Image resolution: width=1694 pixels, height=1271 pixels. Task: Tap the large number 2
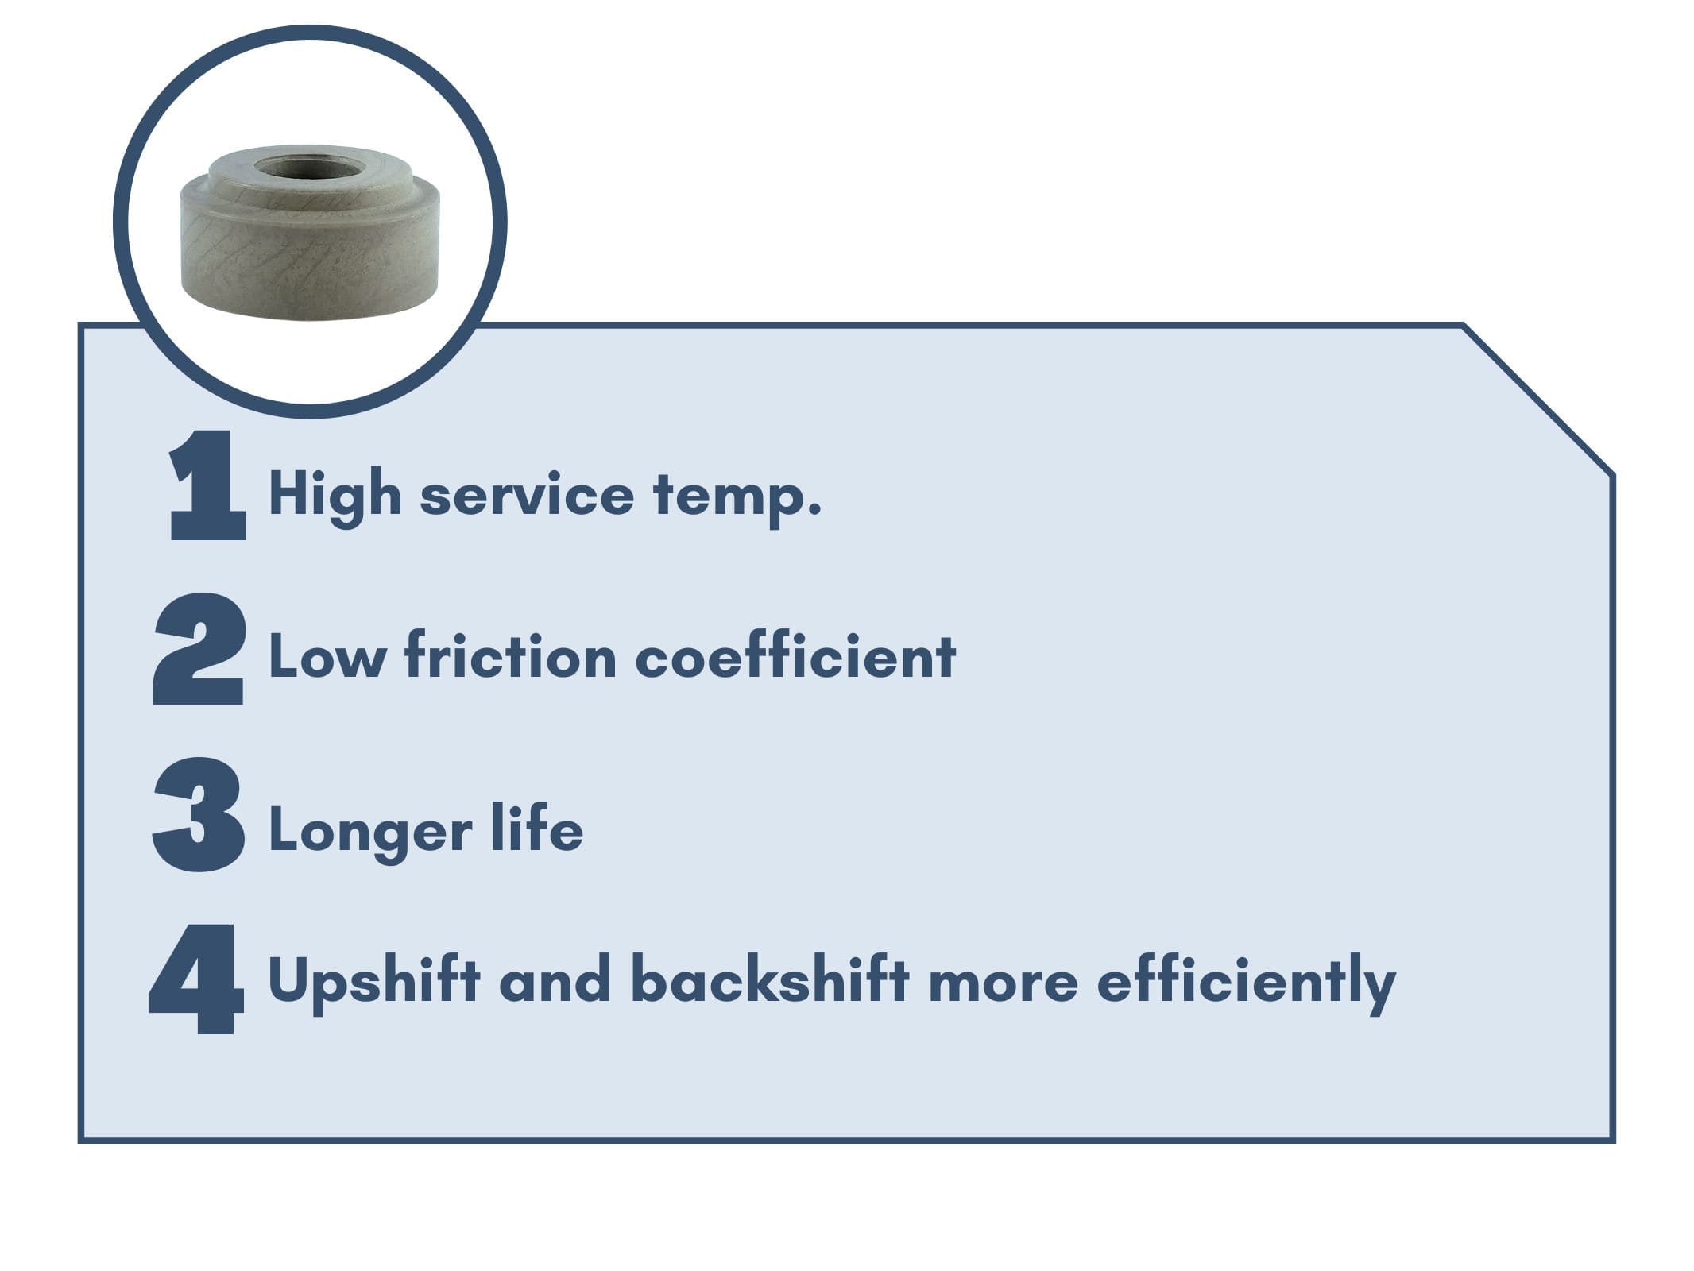(199, 649)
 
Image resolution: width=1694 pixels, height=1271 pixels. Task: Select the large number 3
(199, 814)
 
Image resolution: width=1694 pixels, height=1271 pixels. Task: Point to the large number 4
(196, 979)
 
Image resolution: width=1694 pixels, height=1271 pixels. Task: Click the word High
(335, 494)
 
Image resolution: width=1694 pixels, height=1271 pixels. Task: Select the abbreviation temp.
(737, 496)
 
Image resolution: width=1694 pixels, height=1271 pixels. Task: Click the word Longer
(371, 831)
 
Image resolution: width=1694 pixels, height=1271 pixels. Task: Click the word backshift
(770, 979)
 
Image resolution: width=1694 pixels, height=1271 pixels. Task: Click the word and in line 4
(555, 980)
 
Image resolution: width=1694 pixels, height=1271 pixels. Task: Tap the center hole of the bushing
(310, 168)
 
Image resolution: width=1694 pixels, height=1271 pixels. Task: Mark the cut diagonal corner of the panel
(1538, 400)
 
